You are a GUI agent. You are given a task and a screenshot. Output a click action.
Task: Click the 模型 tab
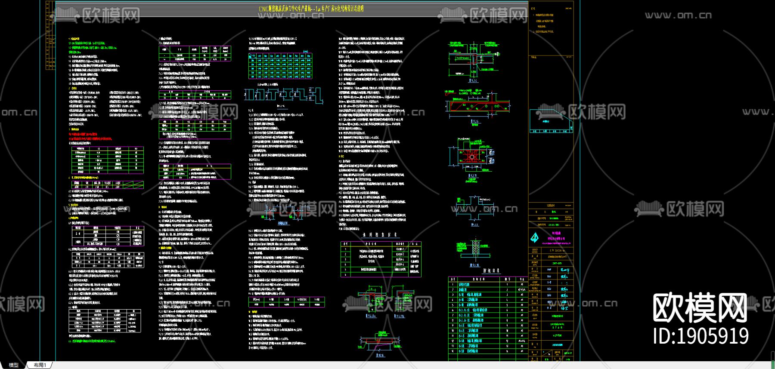point(14,365)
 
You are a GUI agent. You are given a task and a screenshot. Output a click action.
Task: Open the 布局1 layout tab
point(40,365)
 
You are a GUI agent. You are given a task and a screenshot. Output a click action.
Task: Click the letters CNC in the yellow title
point(263,9)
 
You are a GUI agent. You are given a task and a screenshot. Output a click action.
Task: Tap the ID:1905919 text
point(701,336)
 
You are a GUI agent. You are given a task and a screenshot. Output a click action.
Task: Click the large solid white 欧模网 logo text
point(700,307)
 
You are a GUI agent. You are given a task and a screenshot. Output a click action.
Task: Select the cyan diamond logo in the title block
point(534,237)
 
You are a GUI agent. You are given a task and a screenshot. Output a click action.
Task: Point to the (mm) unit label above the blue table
point(305,52)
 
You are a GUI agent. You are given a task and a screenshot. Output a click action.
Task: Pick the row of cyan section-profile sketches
point(283,95)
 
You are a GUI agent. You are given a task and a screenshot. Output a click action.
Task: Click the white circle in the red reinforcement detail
point(472,157)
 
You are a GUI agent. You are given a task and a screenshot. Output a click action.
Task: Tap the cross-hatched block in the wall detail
point(476,249)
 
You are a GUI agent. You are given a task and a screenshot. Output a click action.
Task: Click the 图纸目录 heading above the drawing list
point(491,271)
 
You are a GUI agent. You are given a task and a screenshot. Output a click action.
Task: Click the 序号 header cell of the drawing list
point(453,279)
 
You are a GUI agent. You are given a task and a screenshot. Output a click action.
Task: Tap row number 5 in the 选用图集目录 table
point(345,270)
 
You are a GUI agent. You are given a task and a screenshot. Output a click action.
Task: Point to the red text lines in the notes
point(90,136)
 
